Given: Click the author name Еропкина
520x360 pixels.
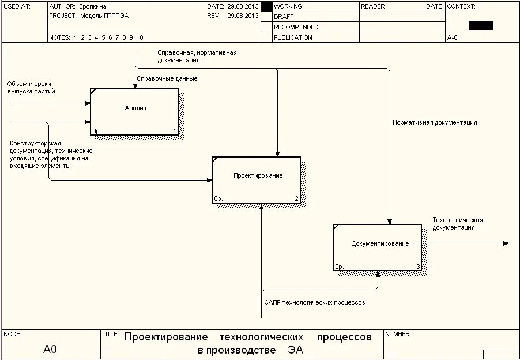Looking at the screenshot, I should click(93, 6).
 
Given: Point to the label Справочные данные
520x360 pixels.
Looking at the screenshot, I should click(167, 78).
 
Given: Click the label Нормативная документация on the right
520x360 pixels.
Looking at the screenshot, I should click(435, 122).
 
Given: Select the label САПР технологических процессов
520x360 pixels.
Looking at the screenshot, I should click(314, 302).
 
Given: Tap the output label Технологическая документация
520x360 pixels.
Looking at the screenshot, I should click(458, 224).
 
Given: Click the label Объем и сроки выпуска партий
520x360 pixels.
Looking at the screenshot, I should click(31, 88).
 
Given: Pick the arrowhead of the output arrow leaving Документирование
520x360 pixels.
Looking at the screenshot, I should click(506, 243).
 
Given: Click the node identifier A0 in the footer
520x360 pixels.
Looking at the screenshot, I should click(50, 349).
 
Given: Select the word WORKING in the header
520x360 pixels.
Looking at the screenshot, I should click(288, 6).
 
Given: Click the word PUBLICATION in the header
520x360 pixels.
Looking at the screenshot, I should click(293, 37).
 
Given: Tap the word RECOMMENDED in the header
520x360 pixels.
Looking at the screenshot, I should click(296, 27).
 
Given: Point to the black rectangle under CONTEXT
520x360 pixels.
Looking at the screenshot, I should click(481, 25).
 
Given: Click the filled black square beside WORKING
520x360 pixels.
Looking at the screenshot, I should click(266, 6).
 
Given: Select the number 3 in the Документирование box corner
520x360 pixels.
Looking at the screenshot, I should click(418, 267).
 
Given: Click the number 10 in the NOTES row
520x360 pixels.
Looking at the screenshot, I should click(140, 37).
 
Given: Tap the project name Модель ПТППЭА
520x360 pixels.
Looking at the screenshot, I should click(104, 16).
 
